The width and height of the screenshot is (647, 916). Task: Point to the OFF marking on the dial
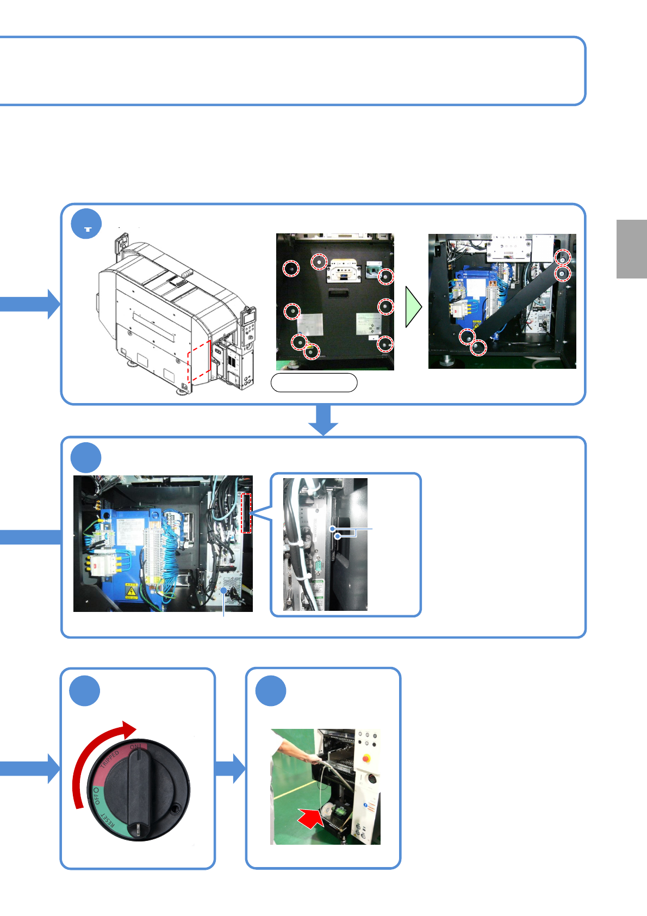(x=96, y=796)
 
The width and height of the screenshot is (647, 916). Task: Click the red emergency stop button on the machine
(x=366, y=757)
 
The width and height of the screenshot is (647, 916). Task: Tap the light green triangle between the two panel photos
(x=413, y=307)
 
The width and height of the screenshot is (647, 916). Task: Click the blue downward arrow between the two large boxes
(x=323, y=420)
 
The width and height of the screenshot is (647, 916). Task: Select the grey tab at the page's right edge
(x=631, y=249)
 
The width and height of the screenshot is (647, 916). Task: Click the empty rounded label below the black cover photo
(x=314, y=382)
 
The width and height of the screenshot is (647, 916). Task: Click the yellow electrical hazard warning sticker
(x=131, y=591)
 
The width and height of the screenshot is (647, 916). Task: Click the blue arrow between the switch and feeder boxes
(x=231, y=768)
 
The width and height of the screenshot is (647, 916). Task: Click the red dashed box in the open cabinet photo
(x=246, y=513)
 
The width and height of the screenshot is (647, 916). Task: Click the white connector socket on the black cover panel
(x=344, y=271)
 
